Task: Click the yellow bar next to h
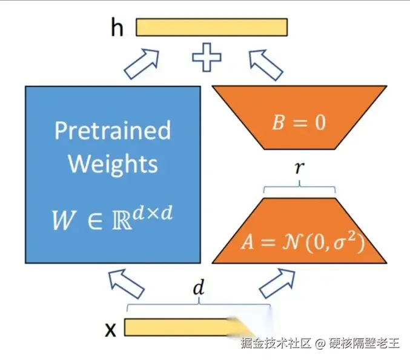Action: tap(211, 27)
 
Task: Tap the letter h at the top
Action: tap(117, 28)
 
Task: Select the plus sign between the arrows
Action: tap(207, 59)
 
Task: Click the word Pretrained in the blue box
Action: tap(113, 130)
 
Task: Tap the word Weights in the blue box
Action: tap(113, 164)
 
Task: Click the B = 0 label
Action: tap(299, 122)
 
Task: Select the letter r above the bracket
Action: tap(299, 168)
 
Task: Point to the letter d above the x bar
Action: tap(197, 289)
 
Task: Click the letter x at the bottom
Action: tap(111, 329)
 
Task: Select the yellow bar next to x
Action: tap(182, 327)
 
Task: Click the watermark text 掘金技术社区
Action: tap(276, 344)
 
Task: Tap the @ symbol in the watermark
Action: tap(320, 344)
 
